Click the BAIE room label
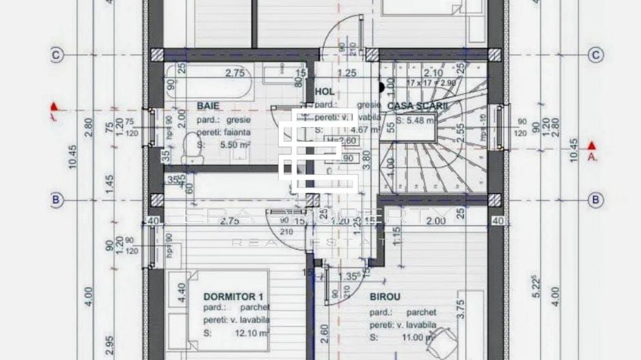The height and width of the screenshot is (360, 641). click(x=208, y=106)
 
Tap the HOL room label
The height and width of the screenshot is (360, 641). click(x=325, y=91)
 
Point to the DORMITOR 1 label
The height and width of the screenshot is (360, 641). click(x=234, y=296)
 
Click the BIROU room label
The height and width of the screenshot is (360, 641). click(x=385, y=296)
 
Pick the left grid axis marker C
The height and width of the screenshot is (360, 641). click(x=57, y=55)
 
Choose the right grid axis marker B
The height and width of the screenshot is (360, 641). click(x=596, y=199)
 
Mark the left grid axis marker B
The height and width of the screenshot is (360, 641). click(x=57, y=199)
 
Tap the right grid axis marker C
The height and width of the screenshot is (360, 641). click(x=596, y=55)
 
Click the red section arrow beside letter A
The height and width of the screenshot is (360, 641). click(x=592, y=146)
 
